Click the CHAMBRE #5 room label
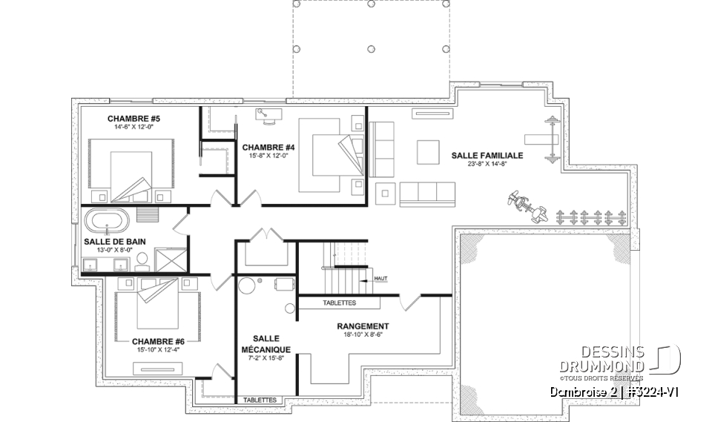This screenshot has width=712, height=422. [133, 118]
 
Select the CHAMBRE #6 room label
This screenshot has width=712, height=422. [158, 342]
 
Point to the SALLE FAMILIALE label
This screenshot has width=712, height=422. [487, 156]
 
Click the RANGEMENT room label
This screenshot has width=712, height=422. [363, 326]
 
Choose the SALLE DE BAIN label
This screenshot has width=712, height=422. [115, 241]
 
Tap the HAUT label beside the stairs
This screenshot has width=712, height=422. [381, 278]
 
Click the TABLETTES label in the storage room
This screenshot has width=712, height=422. [339, 303]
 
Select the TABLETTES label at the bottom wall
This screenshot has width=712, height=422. [260, 400]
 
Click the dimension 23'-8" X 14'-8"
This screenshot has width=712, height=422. [487, 165]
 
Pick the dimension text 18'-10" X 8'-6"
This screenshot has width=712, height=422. [363, 335]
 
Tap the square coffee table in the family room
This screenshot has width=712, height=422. [427, 151]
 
